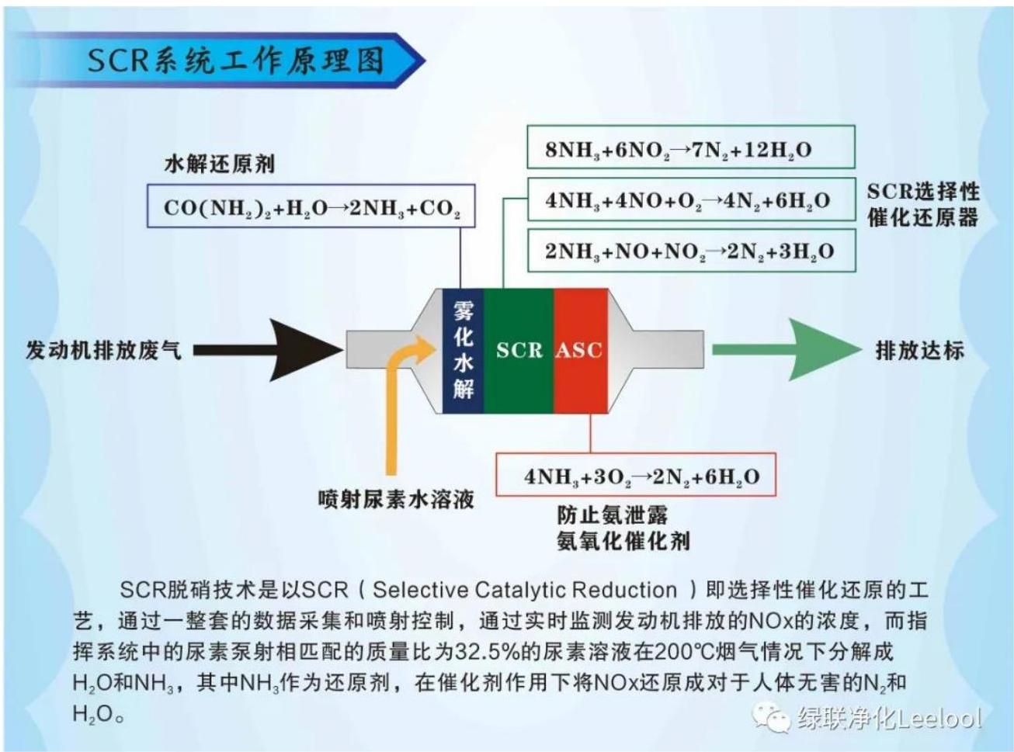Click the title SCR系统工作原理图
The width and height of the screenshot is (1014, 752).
tap(235, 61)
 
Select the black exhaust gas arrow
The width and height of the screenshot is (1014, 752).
tap(269, 350)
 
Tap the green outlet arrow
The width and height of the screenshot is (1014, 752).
tap(787, 350)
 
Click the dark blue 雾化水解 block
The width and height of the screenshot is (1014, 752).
tap(463, 351)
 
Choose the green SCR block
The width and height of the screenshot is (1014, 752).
tap(519, 351)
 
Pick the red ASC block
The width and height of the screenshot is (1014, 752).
tap(581, 351)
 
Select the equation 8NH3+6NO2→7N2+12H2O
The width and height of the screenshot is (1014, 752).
tap(679, 151)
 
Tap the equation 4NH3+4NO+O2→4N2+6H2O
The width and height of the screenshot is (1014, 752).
tap(688, 201)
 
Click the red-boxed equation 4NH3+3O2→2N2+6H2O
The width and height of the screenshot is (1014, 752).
tap(642, 476)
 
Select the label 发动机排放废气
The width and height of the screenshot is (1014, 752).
tap(103, 351)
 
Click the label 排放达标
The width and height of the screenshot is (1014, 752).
tap(920, 351)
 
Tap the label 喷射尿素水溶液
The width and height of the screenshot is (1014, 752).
tap(396, 499)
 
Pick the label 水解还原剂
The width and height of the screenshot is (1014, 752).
tap(220, 165)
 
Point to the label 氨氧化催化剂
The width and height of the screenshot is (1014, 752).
tap(623, 542)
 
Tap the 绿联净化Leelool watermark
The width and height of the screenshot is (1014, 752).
tap(888, 718)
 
